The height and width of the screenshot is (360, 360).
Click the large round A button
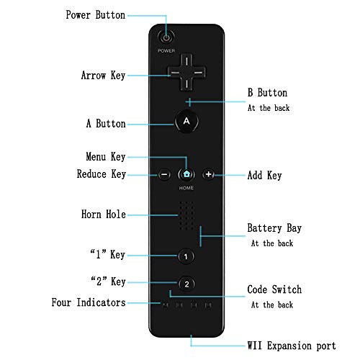[x=186, y=121]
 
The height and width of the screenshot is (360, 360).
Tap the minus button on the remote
[x=164, y=174]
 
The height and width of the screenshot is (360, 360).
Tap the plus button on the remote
[x=208, y=174]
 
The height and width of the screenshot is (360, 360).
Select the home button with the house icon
[x=186, y=174]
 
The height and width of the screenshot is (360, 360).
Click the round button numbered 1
[x=186, y=256]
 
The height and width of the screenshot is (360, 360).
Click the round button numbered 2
[x=186, y=284]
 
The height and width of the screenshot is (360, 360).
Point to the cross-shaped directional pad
[x=186, y=72]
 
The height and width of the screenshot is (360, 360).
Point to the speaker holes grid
[x=186, y=215]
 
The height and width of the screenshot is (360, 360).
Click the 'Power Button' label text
[x=96, y=15]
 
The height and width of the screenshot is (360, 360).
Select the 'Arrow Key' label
[x=103, y=76]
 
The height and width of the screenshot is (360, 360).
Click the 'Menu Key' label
[x=106, y=157]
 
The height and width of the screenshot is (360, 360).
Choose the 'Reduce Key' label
[x=102, y=174]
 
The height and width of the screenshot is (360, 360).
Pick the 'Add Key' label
[x=264, y=175]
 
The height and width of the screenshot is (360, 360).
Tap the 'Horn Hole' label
[x=104, y=214]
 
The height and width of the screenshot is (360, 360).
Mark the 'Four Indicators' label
[x=89, y=302]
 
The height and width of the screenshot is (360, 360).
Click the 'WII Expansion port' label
[x=292, y=346]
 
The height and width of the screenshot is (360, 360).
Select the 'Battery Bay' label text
[x=274, y=228]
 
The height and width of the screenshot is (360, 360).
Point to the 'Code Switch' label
[x=274, y=289]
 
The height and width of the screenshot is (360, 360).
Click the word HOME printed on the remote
[x=186, y=188]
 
